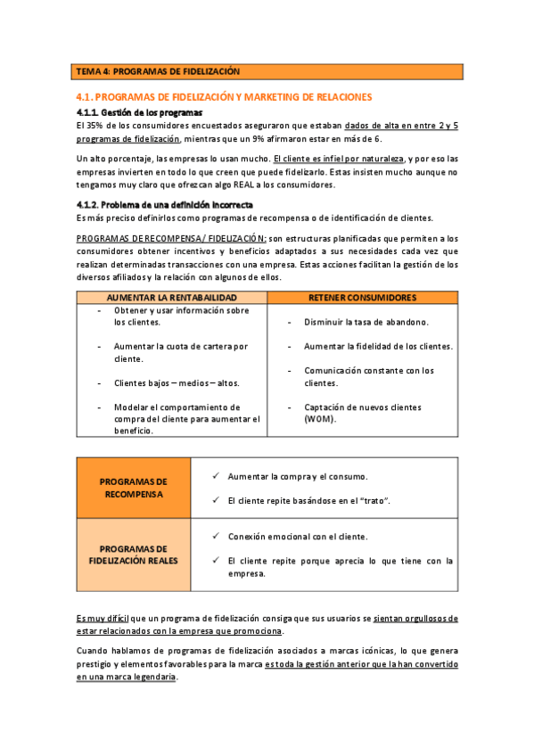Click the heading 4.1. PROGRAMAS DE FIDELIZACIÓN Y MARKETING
(x=224, y=96)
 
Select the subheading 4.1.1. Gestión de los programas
(x=140, y=112)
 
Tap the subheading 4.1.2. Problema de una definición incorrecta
(x=164, y=204)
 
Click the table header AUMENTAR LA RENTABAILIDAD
(x=172, y=297)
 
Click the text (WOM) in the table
(x=319, y=419)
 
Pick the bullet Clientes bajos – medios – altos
(x=177, y=383)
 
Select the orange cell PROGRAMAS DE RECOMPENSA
(x=134, y=488)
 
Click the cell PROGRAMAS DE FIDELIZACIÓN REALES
(x=134, y=555)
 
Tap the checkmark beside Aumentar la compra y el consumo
(x=216, y=476)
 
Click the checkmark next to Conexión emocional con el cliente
(x=216, y=537)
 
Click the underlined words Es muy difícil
(x=103, y=618)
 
